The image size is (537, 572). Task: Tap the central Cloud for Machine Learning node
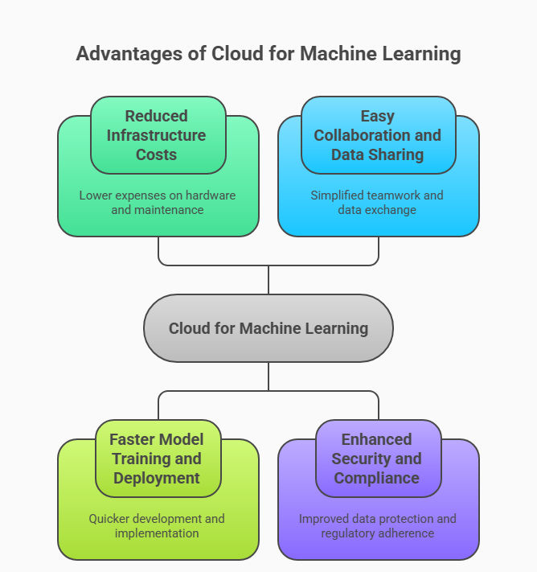click(268, 328)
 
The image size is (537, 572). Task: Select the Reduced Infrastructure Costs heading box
click(158, 135)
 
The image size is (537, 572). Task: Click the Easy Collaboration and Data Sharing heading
click(378, 135)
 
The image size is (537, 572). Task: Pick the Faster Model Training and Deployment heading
click(157, 459)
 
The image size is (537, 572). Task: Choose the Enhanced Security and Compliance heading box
click(377, 459)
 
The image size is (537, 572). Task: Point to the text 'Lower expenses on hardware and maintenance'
click(158, 203)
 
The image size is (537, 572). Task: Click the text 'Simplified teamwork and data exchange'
click(378, 203)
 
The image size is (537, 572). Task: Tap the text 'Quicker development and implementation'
click(157, 526)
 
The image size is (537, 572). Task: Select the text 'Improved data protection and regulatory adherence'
click(377, 526)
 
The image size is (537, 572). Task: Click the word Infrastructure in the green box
click(157, 135)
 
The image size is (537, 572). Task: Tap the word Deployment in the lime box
click(157, 478)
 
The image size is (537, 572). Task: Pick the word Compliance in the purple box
click(377, 478)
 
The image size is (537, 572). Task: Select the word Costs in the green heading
click(157, 154)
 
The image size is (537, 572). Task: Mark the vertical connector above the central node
click(268, 279)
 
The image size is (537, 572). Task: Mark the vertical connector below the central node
click(268, 377)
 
